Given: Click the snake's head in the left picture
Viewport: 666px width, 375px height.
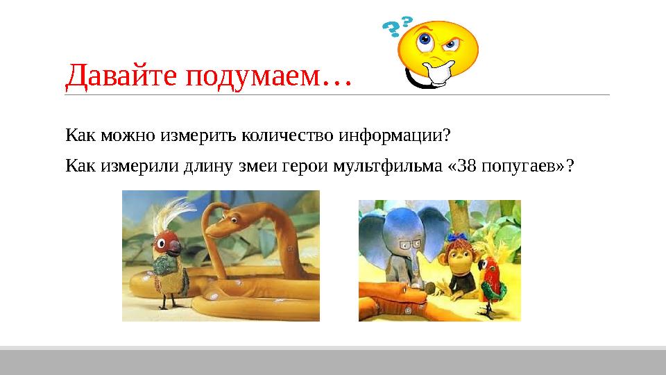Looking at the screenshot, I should click(221, 226).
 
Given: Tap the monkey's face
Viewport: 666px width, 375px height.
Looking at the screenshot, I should click(460, 258).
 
